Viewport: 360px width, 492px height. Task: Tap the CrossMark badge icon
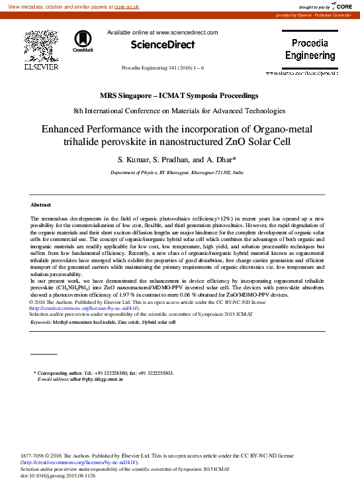pyautogui.click(x=83, y=40)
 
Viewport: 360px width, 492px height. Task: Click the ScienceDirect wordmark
pyautogui.click(x=163, y=44)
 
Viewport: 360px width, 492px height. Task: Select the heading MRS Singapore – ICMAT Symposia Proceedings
pyautogui.click(x=179, y=96)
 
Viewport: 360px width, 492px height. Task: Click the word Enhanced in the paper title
pyautogui.click(x=66, y=130)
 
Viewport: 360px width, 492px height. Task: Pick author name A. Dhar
pyautogui.click(x=228, y=160)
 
